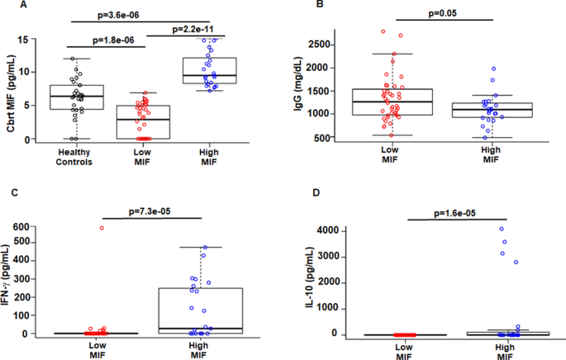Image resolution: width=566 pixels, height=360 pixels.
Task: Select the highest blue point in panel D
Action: pyautogui.click(x=501, y=229)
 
